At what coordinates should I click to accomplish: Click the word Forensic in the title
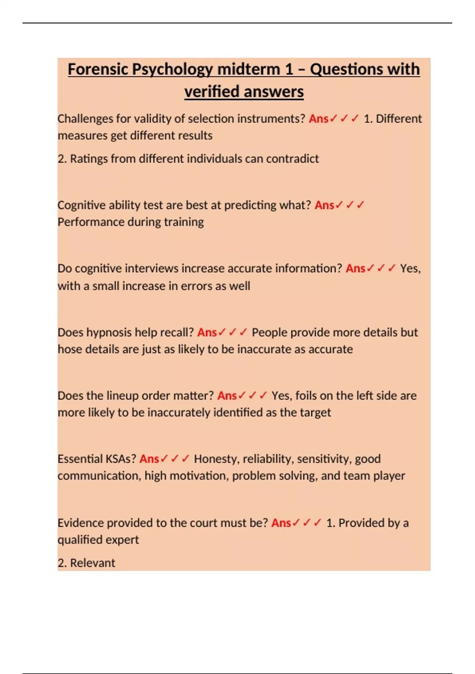pyautogui.click(x=98, y=69)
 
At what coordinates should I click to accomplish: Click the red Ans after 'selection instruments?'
pyautogui.click(x=319, y=119)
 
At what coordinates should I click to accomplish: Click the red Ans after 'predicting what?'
pyautogui.click(x=325, y=205)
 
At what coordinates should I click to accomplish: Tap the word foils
pyautogui.click(x=306, y=396)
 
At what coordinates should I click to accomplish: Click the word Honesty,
pyautogui.click(x=216, y=459)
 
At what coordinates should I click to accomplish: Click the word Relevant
pyautogui.click(x=93, y=563)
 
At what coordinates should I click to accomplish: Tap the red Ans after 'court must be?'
pyautogui.click(x=281, y=523)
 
